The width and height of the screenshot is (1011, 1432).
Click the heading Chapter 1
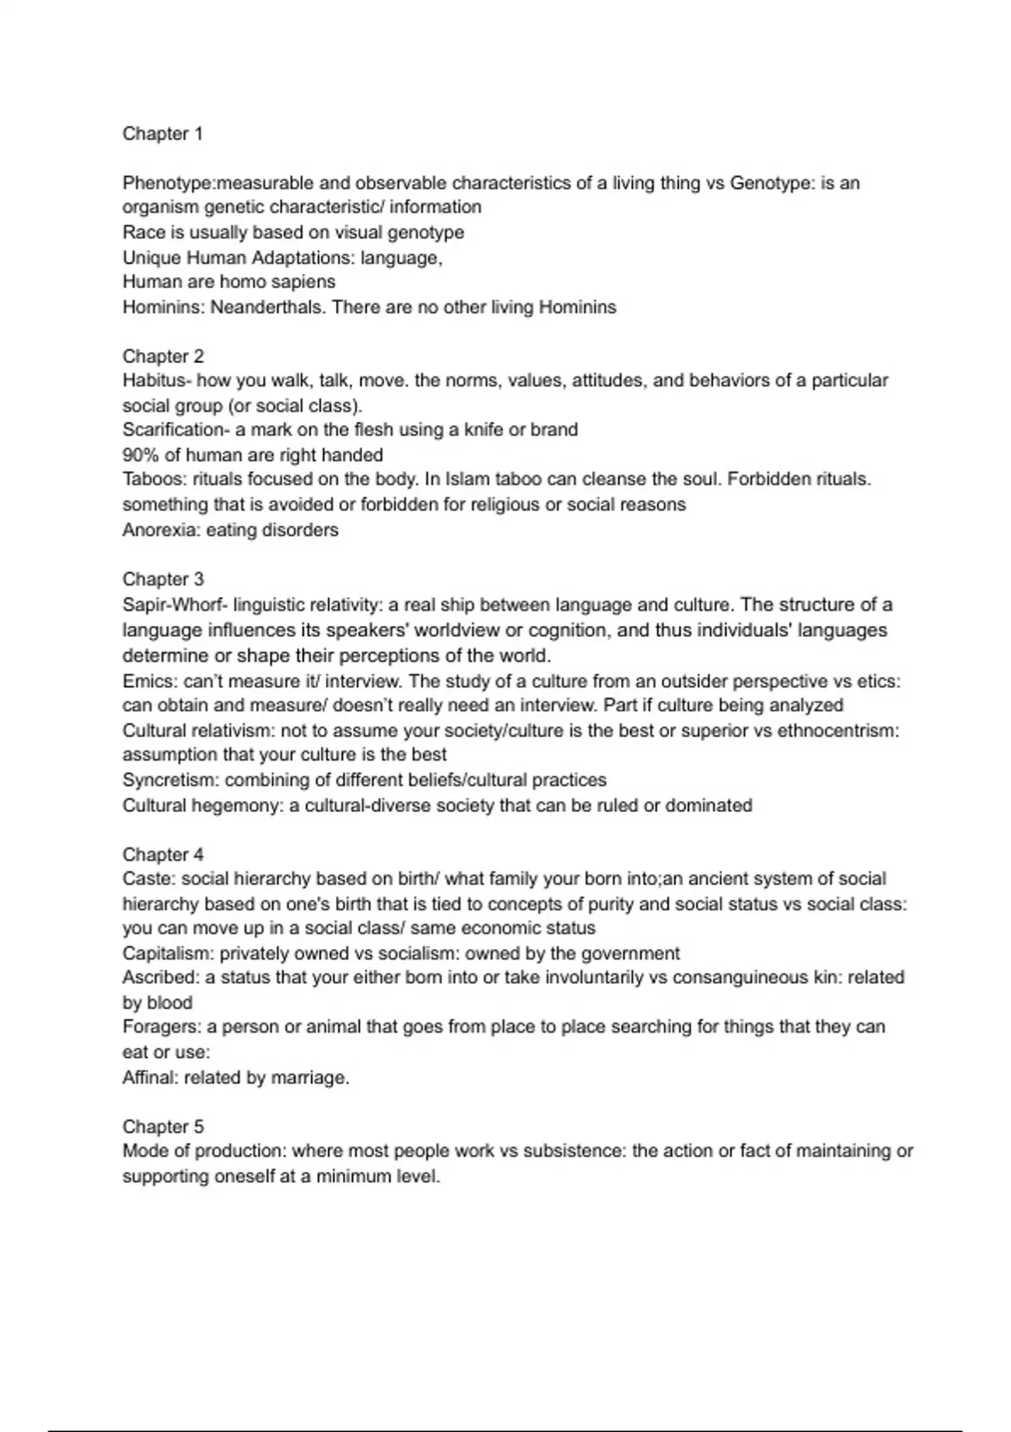click(163, 134)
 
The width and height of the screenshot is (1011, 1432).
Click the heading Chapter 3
click(163, 580)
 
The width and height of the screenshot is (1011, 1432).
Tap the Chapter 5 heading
click(163, 1127)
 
